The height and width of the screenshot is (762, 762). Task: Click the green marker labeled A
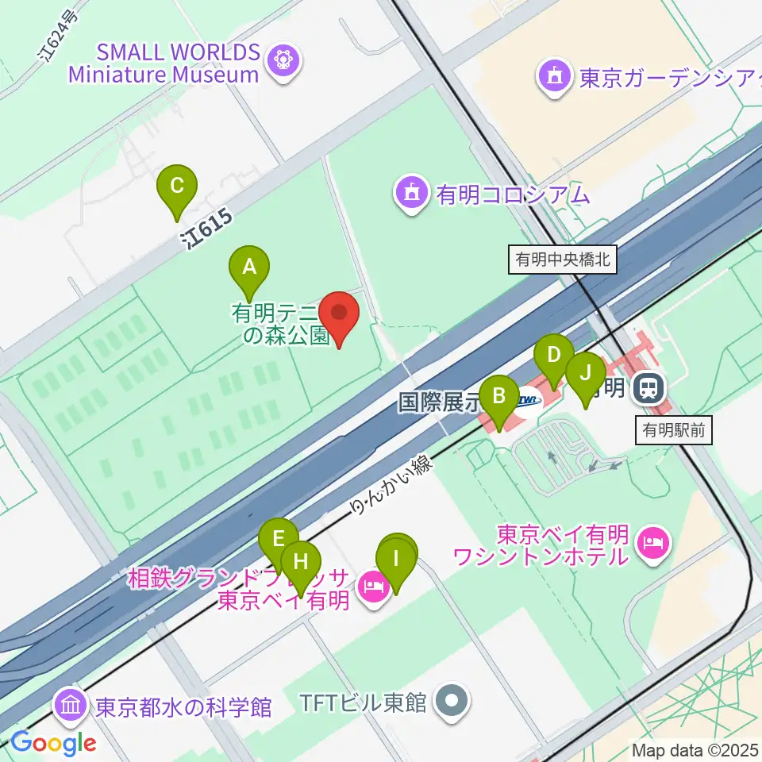pyautogui.click(x=249, y=267)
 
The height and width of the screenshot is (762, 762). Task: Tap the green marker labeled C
pyautogui.click(x=177, y=187)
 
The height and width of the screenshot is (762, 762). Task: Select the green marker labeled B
pyautogui.click(x=499, y=395)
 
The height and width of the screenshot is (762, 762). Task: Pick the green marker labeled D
pyautogui.click(x=554, y=355)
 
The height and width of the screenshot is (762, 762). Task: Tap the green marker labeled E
pyautogui.click(x=278, y=540)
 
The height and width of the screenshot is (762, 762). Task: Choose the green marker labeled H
pyautogui.click(x=301, y=562)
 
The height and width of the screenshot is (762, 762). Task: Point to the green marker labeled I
pyautogui.click(x=397, y=557)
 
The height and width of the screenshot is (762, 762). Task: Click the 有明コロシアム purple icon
pyautogui.click(x=411, y=193)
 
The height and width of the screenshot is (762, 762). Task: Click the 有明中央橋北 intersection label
pyautogui.click(x=563, y=260)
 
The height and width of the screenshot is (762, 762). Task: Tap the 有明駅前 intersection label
pyautogui.click(x=674, y=431)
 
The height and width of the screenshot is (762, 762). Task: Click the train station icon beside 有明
pyautogui.click(x=648, y=388)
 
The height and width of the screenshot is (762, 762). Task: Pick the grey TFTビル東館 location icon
pyautogui.click(x=452, y=702)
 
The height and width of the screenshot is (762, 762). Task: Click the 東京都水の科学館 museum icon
pyautogui.click(x=71, y=705)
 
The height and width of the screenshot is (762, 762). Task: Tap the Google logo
pyautogui.click(x=52, y=742)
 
